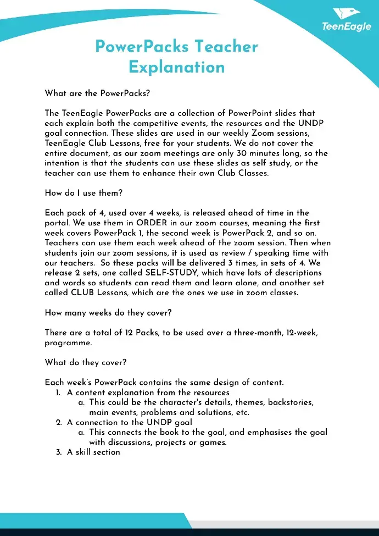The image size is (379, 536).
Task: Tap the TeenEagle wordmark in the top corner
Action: (x=346, y=26)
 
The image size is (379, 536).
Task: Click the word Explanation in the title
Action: (x=177, y=67)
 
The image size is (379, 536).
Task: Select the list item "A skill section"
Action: (x=93, y=452)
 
